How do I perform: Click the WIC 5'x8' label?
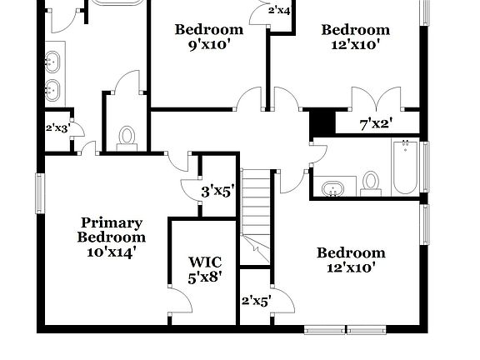tap(204, 269)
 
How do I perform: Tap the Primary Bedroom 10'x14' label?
tap(111, 236)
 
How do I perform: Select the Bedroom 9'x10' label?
tap(208, 37)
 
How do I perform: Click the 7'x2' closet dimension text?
tap(376, 124)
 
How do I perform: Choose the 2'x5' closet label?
tap(256, 301)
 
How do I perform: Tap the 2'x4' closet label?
tap(279, 11)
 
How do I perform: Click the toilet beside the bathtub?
tap(371, 182)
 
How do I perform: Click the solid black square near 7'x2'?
tap(322, 123)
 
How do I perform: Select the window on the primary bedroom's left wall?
tap(38, 192)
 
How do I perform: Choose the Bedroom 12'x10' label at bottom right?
tap(351, 260)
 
